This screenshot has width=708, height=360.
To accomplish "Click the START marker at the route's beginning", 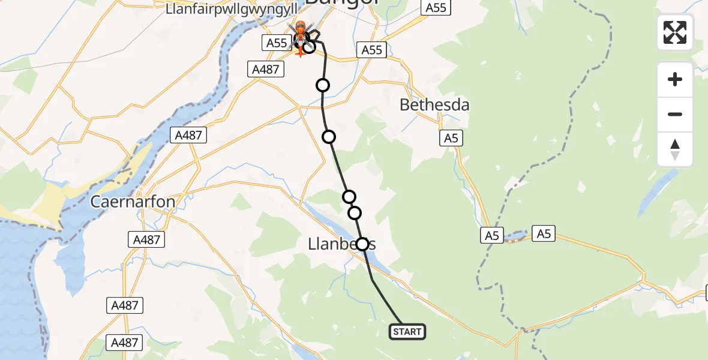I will [x=407, y=332].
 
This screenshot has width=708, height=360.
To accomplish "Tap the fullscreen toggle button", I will [x=675, y=32].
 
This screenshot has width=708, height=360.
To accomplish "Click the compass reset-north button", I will [x=675, y=149].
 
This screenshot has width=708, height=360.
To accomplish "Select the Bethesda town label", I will [x=434, y=105].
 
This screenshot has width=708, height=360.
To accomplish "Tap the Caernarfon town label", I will [x=133, y=202].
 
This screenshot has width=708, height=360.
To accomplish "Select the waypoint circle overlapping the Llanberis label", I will [x=362, y=244].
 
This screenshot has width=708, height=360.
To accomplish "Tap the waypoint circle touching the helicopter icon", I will [x=309, y=46].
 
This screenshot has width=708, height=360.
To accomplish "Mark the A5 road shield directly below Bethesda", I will [x=451, y=139].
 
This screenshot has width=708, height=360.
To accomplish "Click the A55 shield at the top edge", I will [x=435, y=8].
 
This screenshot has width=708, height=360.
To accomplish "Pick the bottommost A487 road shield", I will [x=125, y=343].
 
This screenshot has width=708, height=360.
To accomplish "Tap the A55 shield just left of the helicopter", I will [x=277, y=43].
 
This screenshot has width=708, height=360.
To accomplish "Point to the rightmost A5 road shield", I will [x=544, y=234].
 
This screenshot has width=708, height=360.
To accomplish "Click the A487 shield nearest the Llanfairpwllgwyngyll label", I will [x=265, y=70].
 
